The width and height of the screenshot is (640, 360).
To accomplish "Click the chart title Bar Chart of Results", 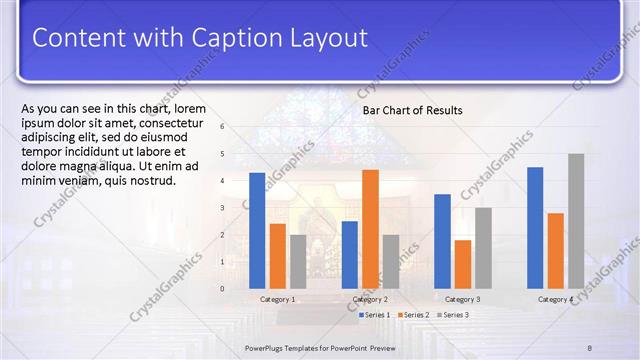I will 412,110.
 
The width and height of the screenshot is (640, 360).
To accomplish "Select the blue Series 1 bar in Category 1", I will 257,230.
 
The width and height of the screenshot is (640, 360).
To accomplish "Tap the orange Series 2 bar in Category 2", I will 370,229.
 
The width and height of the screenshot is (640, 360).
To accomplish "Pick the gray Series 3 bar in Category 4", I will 576,221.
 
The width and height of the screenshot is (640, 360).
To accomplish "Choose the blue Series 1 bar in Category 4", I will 535,227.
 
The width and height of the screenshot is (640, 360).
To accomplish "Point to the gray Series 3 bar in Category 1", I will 298,261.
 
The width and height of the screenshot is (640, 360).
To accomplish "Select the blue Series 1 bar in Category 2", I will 349,254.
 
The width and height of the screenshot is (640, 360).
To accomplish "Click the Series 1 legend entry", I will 376,315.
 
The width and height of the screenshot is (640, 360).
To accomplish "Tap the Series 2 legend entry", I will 414,315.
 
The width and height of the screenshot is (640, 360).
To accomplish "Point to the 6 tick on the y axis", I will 222,127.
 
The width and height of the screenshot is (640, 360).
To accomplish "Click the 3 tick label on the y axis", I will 222,208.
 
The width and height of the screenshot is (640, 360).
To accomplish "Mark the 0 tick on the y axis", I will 222,289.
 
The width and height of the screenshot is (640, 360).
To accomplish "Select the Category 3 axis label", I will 462,300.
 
